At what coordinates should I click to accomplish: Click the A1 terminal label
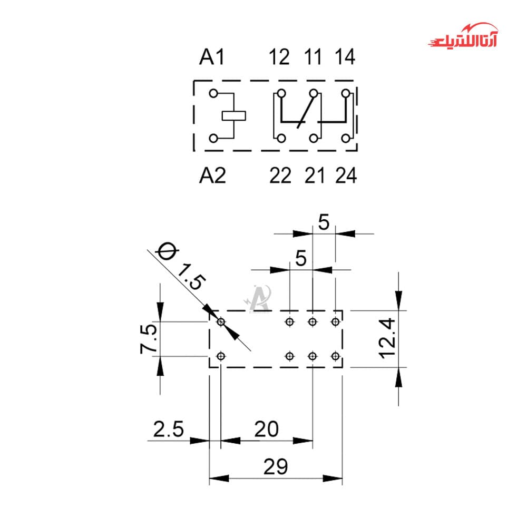click(211, 57)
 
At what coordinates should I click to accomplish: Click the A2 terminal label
click(212, 175)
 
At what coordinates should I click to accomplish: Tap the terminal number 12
click(279, 57)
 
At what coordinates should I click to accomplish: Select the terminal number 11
click(313, 57)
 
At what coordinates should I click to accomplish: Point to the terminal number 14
click(345, 57)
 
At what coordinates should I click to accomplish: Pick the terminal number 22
click(280, 175)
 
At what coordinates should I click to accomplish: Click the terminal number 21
click(315, 175)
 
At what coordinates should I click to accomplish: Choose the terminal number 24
click(346, 175)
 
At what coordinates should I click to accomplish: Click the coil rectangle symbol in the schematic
click(233, 115)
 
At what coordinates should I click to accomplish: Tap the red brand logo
click(463, 35)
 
